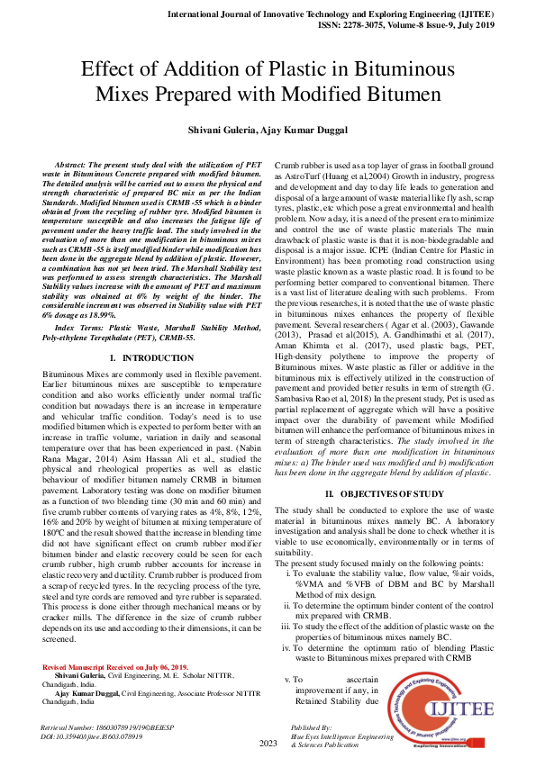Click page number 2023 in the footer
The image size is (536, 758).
tap(268, 744)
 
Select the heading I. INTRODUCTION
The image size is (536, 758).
tap(152, 383)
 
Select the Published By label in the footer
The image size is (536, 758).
tap(311, 726)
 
